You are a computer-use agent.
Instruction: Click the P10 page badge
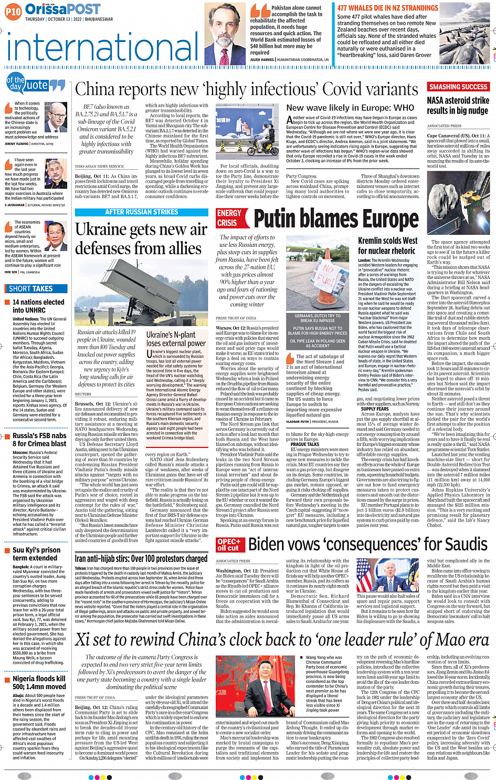pyautogui.click(x=13, y=11)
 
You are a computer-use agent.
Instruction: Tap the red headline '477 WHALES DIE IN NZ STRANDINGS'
pyautogui.click(x=387, y=8)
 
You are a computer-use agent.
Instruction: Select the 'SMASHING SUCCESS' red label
pyautogui.click(x=458, y=87)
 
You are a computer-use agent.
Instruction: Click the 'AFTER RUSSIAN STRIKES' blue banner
pyautogui.click(x=141, y=212)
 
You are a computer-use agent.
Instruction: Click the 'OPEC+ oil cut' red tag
pyautogui.click(x=229, y=545)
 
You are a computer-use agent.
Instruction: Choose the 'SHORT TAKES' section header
pyautogui.click(x=31, y=288)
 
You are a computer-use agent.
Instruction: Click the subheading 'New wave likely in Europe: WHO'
pyautogui.click(x=350, y=108)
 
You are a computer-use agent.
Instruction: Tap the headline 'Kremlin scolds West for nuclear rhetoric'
pyautogui.click(x=387, y=245)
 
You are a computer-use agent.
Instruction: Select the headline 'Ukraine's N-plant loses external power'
pyautogui.click(x=175, y=339)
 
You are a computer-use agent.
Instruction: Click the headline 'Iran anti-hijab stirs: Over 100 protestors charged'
pyautogui.click(x=141, y=559)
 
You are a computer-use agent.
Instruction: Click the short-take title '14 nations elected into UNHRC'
pyautogui.click(x=38, y=306)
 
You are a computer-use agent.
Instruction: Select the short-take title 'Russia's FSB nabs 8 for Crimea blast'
pyautogui.click(x=39, y=439)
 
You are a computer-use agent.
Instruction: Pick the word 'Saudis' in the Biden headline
pyautogui.click(x=462, y=544)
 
